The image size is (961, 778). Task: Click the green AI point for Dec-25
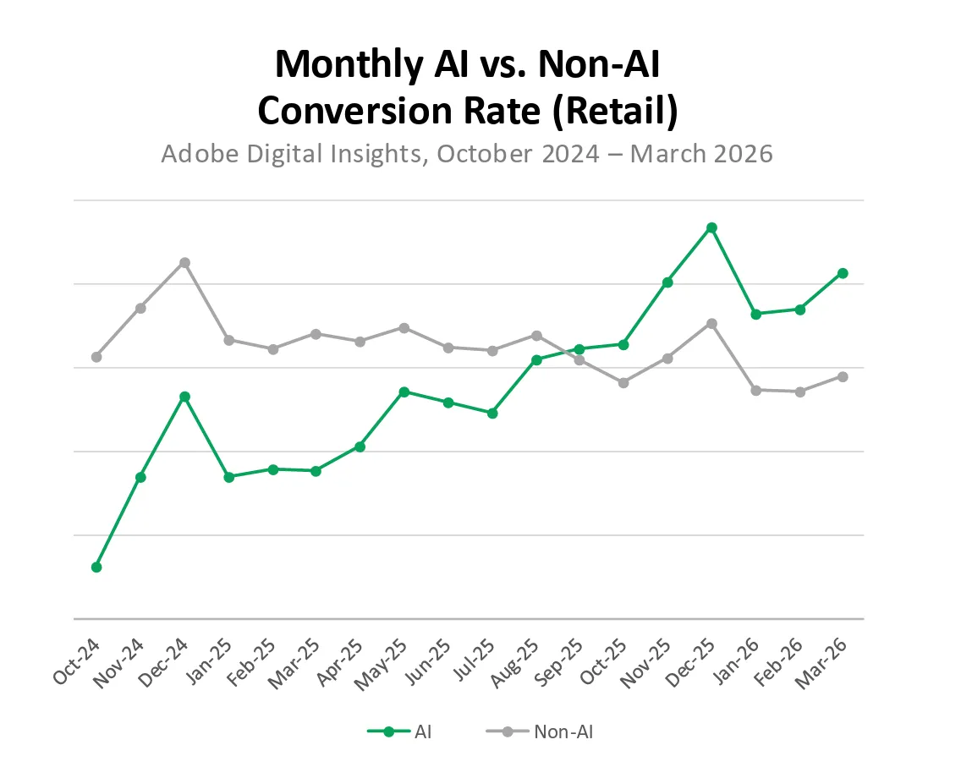pyautogui.click(x=711, y=227)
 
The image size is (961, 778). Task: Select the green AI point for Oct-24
pyautogui.click(x=96, y=567)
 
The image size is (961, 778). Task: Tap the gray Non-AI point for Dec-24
pyautogui.click(x=184, y=262)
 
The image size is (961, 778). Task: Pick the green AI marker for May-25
pyautogui.click(x=404, y=392)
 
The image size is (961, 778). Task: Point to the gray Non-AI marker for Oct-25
pyautogui.click(x=623, y=383)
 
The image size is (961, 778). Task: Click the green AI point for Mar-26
pyautogui.click(x=843, y=273)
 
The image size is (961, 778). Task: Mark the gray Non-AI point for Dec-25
pyautogui.click(x=711, y=323)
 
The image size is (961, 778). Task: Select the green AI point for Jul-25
pyautogui.click(x=492, y=413)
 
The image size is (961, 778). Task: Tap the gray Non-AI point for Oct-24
pyautogui.click(x=96, y=357)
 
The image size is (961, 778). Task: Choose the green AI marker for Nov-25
pyautogui.click(x=667, y=282)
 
